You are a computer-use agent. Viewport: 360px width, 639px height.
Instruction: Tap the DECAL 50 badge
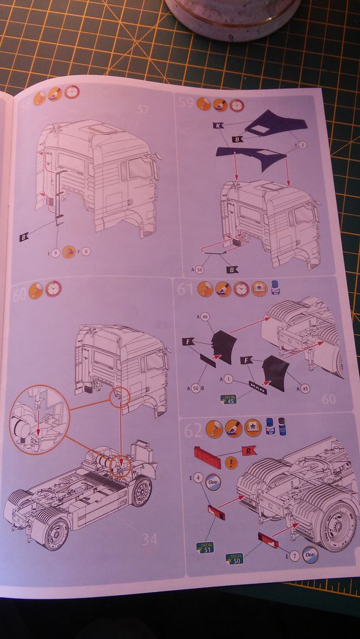[x=236, y=559]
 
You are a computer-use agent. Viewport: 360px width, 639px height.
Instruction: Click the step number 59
[x=186, y=103]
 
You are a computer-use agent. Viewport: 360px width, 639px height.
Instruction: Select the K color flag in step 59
[x=217, y=125]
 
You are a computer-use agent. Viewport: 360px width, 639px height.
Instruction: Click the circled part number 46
[x=205, y=317]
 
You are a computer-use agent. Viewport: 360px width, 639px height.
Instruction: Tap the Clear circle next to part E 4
[x=213, y=482]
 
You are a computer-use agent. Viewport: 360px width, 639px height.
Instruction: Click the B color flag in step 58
[x=24, y=237]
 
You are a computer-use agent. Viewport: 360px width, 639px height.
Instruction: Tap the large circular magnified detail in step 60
[x=40, y=419]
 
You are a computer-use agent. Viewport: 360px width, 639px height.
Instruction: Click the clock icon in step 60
[x=53, y=289]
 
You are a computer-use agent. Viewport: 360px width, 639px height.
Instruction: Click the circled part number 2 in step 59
[x=302, y=144]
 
